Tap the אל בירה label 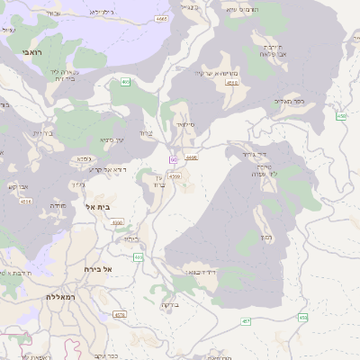[94, 269]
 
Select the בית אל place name [96, 207]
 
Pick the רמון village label [265, 238]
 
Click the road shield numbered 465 [125, 82]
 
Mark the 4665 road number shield [161, 18]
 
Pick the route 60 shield [171, 159]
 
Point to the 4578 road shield [120, 315]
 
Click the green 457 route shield [246, 321]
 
